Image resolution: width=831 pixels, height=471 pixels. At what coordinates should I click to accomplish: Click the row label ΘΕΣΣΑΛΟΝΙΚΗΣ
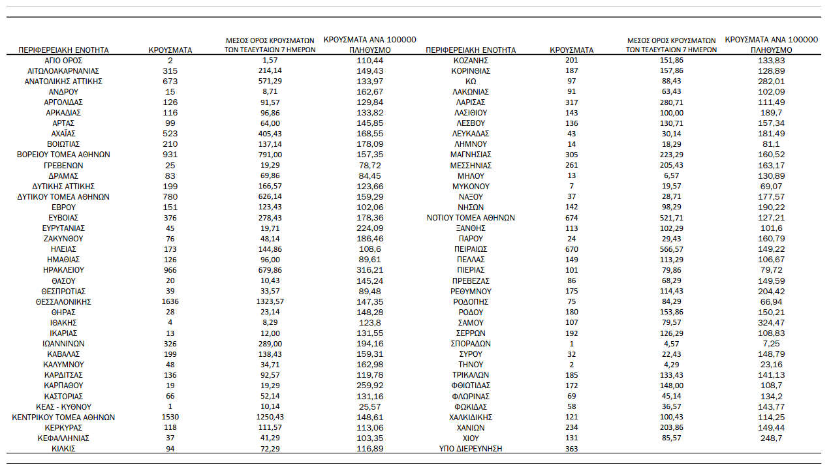coord(63,301)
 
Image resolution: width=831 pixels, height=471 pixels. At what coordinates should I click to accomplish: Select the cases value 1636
coord(170,301)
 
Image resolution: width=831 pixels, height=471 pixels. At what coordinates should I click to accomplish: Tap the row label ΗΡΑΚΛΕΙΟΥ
coord(63,270)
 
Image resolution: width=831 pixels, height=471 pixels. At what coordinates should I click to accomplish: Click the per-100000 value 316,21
coord(369,270)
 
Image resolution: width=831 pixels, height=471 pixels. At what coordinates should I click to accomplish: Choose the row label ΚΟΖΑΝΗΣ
coord(471,60)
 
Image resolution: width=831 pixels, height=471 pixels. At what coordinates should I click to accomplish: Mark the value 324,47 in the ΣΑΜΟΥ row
coord(771,322)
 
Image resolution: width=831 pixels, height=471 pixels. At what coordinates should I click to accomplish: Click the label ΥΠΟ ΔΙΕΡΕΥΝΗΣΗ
coord(471,448)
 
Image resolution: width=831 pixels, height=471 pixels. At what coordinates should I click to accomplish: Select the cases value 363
coord(572,448)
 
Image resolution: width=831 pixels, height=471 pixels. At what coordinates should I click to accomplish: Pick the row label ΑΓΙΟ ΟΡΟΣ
coord(63,60)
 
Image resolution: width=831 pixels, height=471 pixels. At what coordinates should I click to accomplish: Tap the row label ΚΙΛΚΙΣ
coord(63,448)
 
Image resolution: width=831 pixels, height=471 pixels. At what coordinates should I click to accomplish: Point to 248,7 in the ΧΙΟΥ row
coord(771,438)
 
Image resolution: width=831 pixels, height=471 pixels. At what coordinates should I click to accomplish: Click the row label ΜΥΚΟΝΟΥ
coord(471,186)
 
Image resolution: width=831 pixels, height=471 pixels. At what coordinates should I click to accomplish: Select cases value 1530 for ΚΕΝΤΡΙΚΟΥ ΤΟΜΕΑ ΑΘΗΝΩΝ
coord(170,417)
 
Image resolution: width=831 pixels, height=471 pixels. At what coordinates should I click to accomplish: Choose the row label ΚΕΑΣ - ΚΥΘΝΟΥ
coord(63,406)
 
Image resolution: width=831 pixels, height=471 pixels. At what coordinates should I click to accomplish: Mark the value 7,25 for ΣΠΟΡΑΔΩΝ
coord(771,343)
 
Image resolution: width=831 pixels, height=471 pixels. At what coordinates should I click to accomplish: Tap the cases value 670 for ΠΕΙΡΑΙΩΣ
coord(572,249)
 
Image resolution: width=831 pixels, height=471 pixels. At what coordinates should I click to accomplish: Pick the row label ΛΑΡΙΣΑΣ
coord(471,102)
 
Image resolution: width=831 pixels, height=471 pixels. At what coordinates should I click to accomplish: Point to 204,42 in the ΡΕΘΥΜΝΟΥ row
coord(771,291)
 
